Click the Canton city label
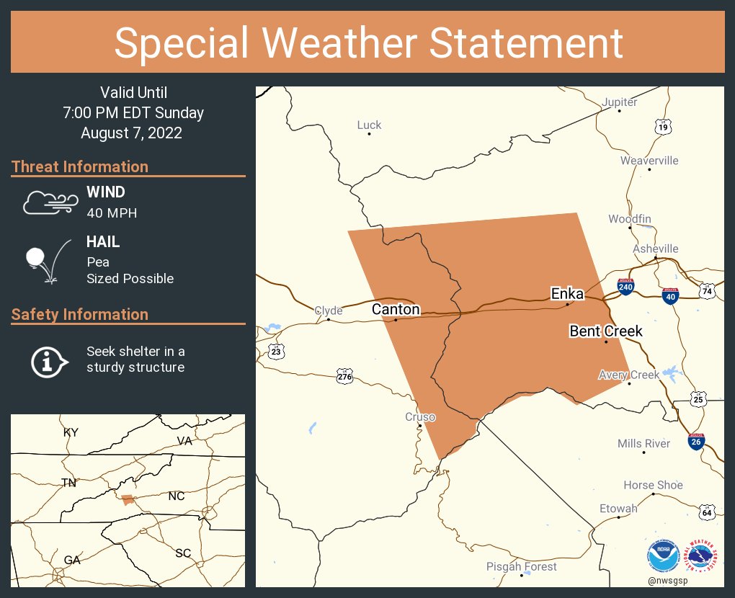(396, 309)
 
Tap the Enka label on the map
(567, 293)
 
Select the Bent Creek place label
(605, 331)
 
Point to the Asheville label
(655, 249)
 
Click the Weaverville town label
(649, 160)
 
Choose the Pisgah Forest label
(521, 567)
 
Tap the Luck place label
(369, 125)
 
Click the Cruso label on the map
(420, 417)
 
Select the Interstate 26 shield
(696, 441)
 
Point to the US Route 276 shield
(344, 375)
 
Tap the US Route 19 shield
(663, 128)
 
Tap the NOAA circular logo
(663, 556)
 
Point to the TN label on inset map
(68, 483)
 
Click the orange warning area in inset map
(128, 499)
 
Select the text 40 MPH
(112, 213)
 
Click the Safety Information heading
(80, 314)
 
